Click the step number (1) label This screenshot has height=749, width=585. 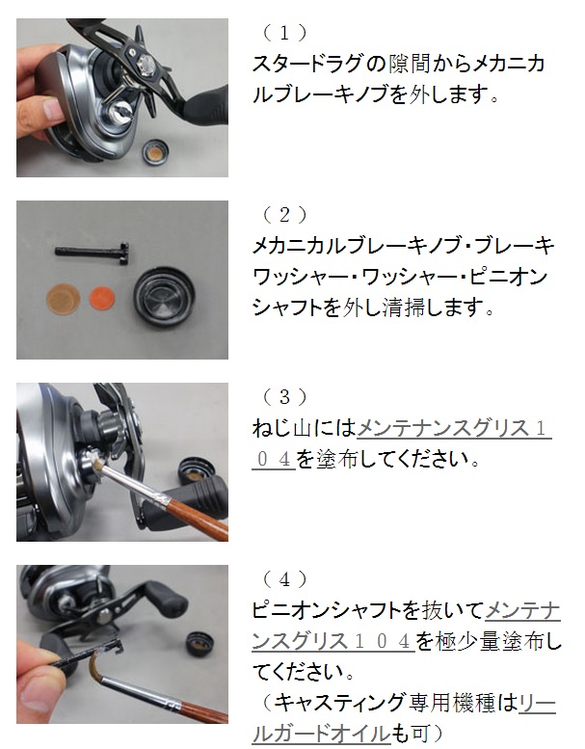[284, 33]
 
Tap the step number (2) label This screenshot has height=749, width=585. [284, 215]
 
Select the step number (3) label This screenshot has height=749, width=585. [284, 396]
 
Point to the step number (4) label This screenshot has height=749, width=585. [284, 579]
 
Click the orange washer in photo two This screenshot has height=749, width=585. [102, 297]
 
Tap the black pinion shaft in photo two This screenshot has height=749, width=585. [92, 252]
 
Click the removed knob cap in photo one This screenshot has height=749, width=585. [157, 153]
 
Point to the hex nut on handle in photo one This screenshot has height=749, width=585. [145, 62]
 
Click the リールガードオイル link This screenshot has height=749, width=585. [404, 717]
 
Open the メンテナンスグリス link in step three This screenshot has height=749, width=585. [402, 443]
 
